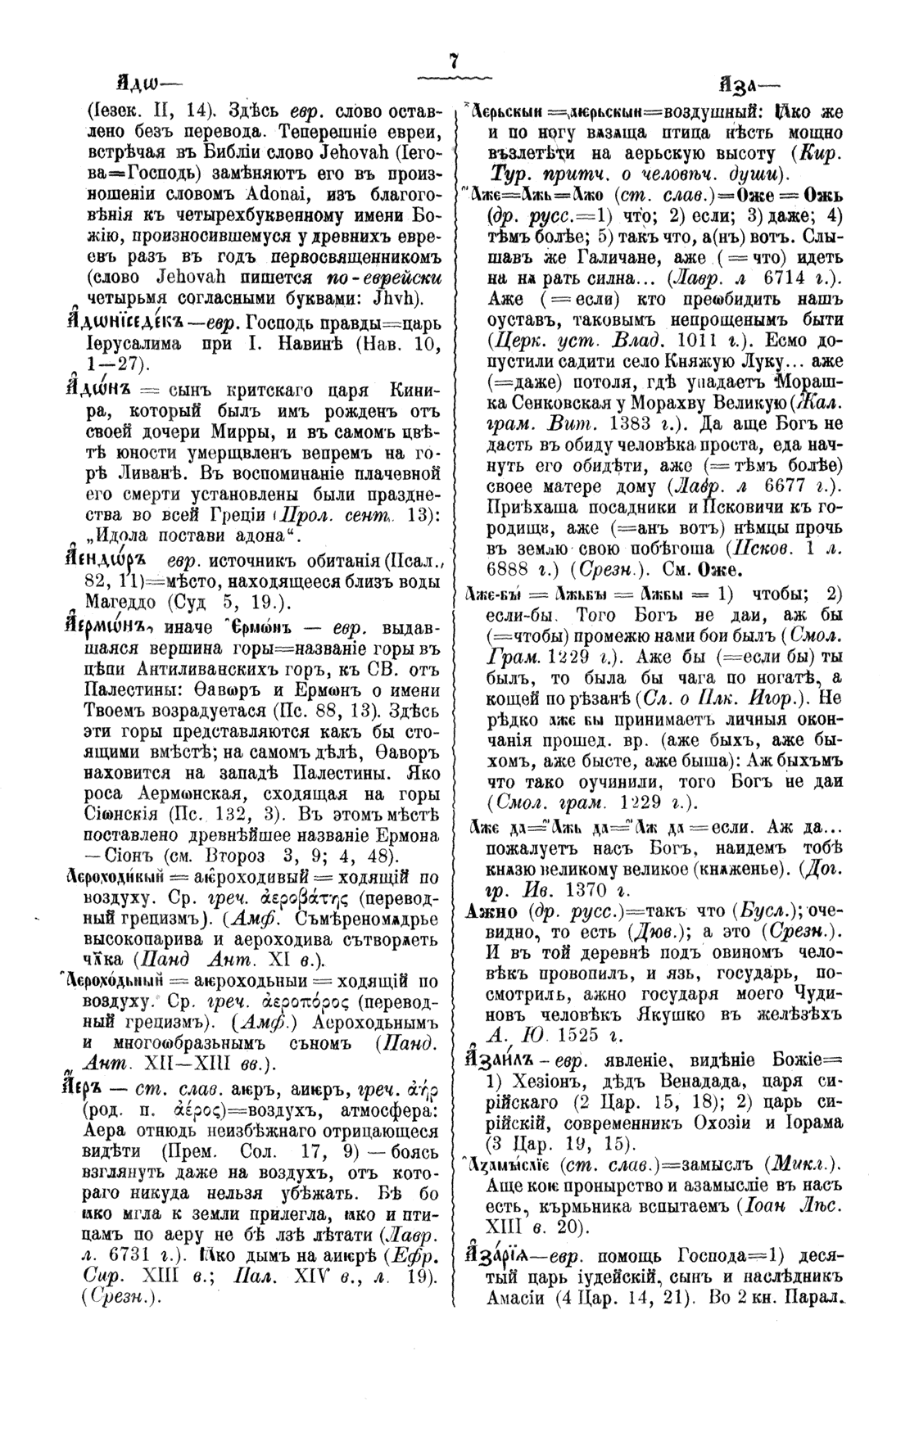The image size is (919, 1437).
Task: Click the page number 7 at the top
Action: tap(453, 62)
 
